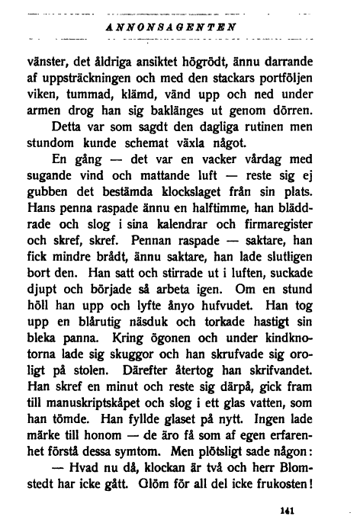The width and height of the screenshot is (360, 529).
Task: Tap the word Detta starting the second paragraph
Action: coord(67,127)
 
